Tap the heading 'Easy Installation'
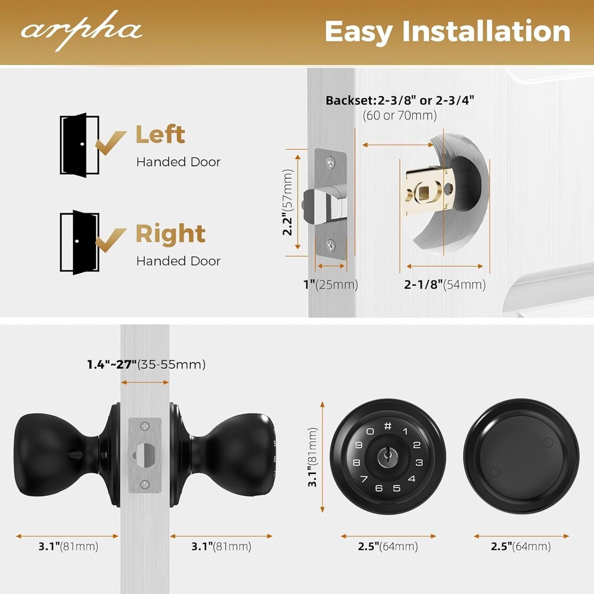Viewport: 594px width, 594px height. [447, 31]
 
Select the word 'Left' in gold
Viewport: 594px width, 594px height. [160, 134]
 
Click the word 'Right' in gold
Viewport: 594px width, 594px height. [170, 234]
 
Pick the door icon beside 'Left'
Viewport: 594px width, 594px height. [80, 144]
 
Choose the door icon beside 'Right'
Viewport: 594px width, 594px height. [80, 242]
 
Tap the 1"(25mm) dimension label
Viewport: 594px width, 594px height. [330, 285]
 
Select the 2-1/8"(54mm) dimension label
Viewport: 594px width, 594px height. [445, 285]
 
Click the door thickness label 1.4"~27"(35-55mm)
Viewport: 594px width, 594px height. [146, 364]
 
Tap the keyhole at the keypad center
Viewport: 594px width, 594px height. [387, 457]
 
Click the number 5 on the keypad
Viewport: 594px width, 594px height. [396, 489]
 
